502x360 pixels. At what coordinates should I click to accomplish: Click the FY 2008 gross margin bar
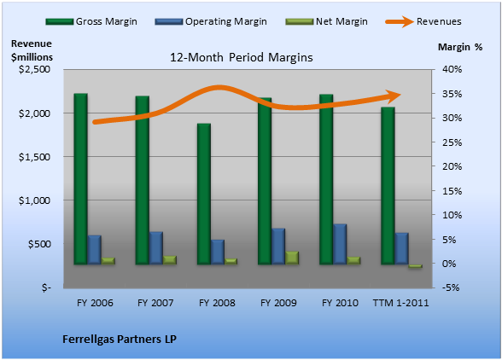tap(204, 194)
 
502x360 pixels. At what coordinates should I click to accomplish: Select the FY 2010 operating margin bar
tap(340, 244)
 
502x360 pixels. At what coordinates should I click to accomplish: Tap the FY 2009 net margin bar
tap(292, 258)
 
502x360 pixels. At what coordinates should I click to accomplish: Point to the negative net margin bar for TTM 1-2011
tap(416, 266)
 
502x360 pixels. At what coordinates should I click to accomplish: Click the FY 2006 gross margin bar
tap(80, 179)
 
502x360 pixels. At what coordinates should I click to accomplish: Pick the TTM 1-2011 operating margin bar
tap(402, 248)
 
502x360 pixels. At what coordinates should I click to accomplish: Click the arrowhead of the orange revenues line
tap(394, 95)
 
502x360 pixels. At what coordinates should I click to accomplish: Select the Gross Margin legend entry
tap(91, 21)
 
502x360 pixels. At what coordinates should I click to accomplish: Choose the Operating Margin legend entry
tap(211, 21)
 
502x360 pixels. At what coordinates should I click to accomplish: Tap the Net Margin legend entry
tap(326, 21)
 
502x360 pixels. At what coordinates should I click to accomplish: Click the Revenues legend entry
tap(423, 21)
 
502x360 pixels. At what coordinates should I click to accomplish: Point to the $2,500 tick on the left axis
tap(34, 69)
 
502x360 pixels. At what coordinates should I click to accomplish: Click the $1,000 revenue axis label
tap(34, 200)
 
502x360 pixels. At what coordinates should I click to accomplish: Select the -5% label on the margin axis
tap(451, 287)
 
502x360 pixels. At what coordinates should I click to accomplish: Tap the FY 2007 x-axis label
tap(155, 303)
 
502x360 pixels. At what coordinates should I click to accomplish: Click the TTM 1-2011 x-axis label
tap(400, 303)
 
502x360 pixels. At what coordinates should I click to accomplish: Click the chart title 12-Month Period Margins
tap(241, 58)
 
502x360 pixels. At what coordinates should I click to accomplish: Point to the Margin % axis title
tap(460, 47)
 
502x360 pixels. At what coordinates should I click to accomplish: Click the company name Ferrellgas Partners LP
tap(120, 340)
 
